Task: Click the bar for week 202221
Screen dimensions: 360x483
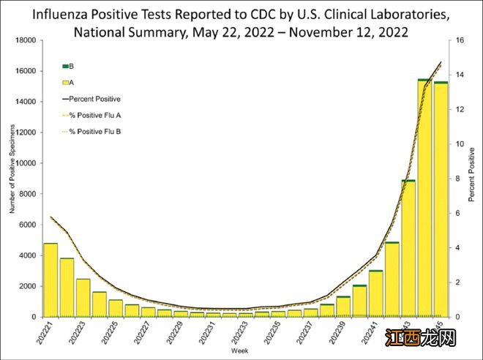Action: (50, 280)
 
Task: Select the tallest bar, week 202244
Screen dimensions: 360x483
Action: (424, 198)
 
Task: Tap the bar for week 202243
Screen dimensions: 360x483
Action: (408, 248)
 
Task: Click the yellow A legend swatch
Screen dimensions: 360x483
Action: (66, 83)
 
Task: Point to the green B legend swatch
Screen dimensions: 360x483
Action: (66, 67)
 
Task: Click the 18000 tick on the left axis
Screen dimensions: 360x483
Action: (26, 41)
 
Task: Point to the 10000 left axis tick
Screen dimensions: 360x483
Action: (26, 163)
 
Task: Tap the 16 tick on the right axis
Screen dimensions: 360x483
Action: (458, 41)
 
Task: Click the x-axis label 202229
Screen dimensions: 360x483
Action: (175, 335)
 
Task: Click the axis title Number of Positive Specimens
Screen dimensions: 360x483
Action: (11, 179)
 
